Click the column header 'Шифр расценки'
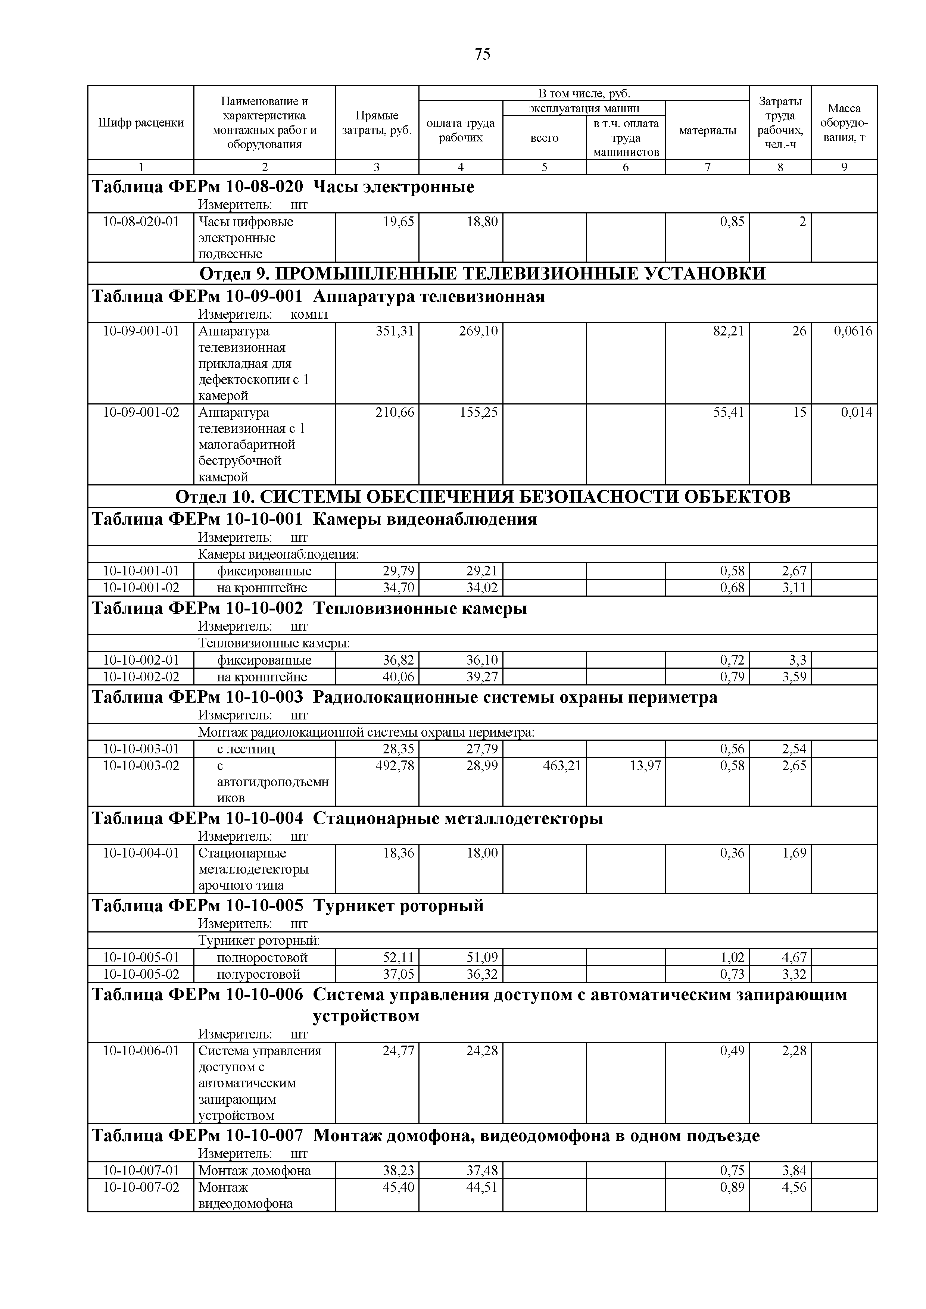pos(141,122)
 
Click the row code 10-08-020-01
pos(141,222)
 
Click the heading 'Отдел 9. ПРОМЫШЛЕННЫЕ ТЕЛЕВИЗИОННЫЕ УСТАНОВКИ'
pos(482,274)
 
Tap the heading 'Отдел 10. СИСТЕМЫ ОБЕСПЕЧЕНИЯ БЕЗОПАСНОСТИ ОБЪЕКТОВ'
pos(482,497)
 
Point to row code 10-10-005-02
pos(141,974)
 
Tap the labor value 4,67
pos(794,957)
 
